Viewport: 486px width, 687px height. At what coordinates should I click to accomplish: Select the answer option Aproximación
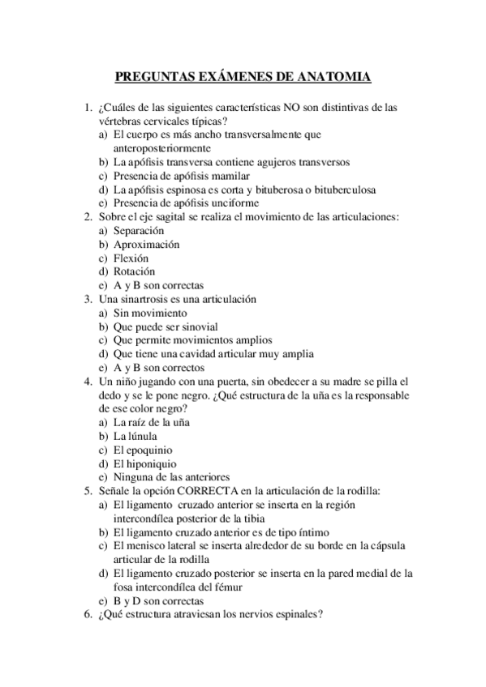click(x=147, y=245)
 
